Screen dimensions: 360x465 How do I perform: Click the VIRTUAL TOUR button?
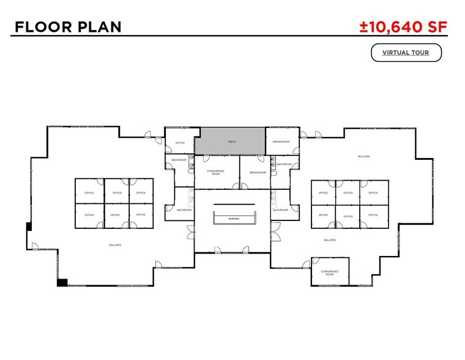[406, 53]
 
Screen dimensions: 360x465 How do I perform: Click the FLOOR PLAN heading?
[68, 26]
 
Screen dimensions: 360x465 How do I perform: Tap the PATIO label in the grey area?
[232, 141]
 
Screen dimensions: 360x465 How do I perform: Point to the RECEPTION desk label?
[233, 219]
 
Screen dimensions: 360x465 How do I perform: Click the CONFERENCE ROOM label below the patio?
[216, 172]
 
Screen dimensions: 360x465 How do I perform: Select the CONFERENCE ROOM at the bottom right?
[330, 273]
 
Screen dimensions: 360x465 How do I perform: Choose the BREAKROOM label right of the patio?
[282, 141]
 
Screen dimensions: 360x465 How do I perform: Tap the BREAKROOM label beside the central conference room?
[258, 173]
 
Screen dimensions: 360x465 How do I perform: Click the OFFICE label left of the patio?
[180, 143]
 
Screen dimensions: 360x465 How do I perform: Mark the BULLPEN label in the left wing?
[115, 244]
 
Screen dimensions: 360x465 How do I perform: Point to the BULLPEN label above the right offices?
[363, 157]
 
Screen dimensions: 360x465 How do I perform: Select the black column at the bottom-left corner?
[62, 282]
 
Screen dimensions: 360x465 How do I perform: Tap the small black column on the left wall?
[28, 227]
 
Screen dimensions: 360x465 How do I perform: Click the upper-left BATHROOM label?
[179, 160]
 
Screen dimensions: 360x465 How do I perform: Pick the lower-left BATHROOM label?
[184, 210]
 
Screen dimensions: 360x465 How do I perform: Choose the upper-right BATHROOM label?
[284, 164]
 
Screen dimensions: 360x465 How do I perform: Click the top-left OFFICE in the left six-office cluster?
[89, 193]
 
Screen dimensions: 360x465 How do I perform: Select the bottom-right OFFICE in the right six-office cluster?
[373, 215]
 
